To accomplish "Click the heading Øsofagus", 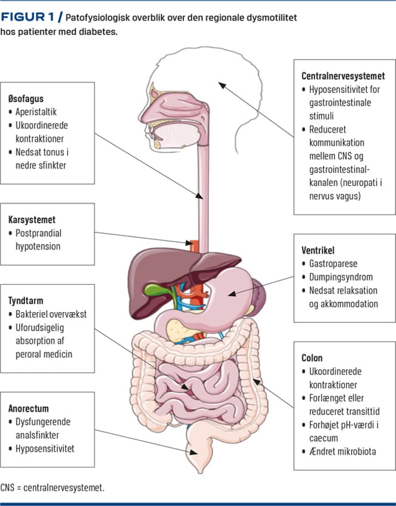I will point(26,98).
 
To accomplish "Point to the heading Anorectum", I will point(29,408).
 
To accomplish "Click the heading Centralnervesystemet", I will point(343,76).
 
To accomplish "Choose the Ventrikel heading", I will point(318,250).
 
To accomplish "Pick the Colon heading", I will point(312,358).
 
